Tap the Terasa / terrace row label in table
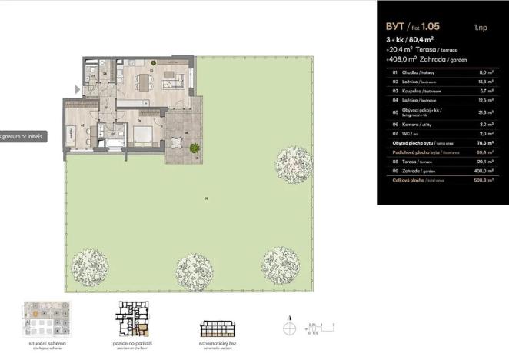[410, 162]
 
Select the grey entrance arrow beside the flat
[76, 89]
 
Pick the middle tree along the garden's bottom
[192, 270]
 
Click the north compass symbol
[289, 327]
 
